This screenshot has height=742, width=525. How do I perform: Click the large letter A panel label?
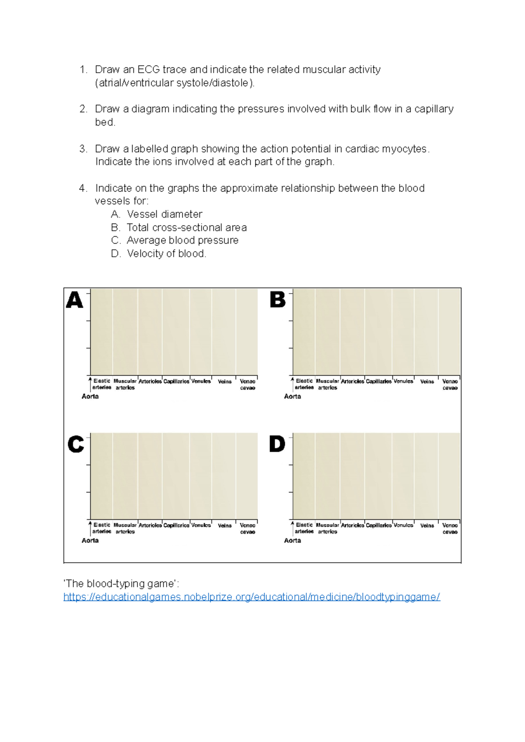tap(74, 300)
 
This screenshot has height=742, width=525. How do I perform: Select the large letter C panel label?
tap(75, 444)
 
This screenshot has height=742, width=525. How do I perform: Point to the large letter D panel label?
tap(277, 444)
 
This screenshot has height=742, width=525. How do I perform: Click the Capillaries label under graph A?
tap(176, 381)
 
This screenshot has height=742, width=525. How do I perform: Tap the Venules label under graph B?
tap(403, 381)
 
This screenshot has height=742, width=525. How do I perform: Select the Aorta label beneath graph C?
tap(90, 540)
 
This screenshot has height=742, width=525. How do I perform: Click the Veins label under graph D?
tap(427, 525)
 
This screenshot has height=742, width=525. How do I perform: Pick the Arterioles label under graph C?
tap(150, 525)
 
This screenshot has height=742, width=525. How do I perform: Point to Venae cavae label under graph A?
tap(248, 385)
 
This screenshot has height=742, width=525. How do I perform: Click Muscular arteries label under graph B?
tap(327, 384)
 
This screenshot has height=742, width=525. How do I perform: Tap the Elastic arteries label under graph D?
tap(304, 528)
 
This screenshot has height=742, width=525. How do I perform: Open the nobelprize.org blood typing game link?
tap(252, 597)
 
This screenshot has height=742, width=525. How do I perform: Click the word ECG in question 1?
tap(148, 70)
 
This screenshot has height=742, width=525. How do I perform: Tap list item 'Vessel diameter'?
tap(164, 214)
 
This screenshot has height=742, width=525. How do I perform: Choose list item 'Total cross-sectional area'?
tap(186, 227)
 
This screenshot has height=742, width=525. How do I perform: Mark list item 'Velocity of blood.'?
tap(166, 254)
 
